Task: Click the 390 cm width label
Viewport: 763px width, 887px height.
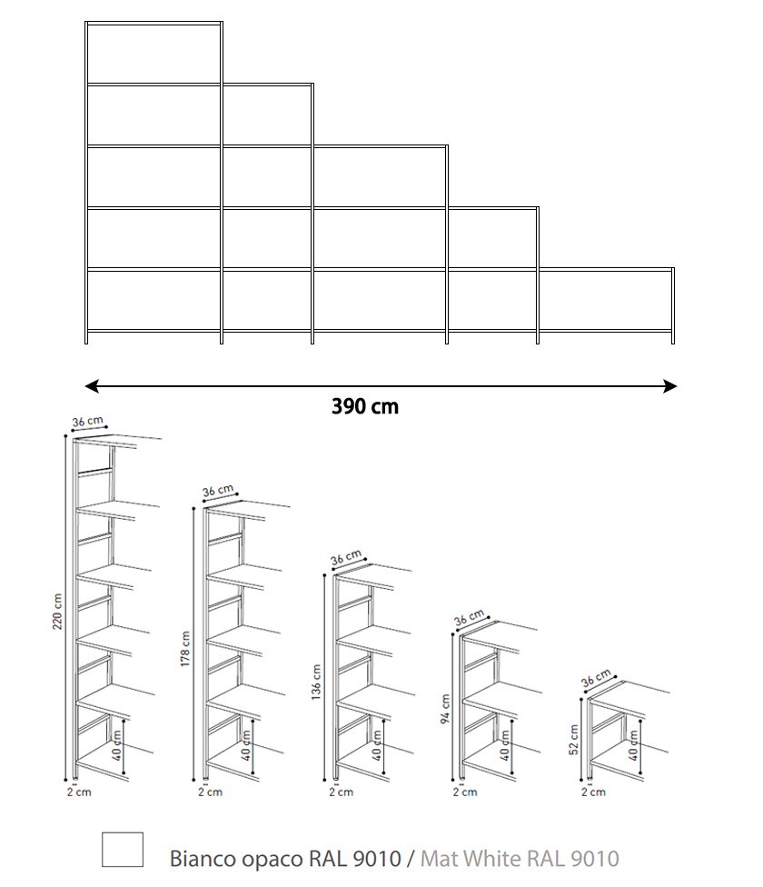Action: point(364,406)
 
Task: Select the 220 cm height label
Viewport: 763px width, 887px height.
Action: point(57,612)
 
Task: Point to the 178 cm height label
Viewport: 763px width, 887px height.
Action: point(185,649)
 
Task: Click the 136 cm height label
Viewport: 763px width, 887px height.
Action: point(316,683)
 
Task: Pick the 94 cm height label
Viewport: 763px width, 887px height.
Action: point(445,710)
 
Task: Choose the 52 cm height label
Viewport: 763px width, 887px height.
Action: point(574,740)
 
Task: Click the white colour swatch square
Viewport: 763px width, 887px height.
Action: point(123,849)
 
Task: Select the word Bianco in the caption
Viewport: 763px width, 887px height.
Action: point(203,858)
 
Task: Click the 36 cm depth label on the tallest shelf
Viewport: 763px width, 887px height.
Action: point(87,422)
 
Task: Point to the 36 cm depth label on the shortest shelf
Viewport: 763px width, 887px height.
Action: point(596,678)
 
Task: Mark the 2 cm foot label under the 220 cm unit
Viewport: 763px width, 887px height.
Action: point(79,792)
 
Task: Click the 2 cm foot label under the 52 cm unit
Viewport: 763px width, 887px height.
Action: point(593,792)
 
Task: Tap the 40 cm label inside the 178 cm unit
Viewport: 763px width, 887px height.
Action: point(246,745)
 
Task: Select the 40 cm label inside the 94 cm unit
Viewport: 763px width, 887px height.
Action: point(505,745)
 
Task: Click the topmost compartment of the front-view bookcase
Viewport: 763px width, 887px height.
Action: point(154,54)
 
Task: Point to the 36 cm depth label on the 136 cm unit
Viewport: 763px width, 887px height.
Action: point(346,557)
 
